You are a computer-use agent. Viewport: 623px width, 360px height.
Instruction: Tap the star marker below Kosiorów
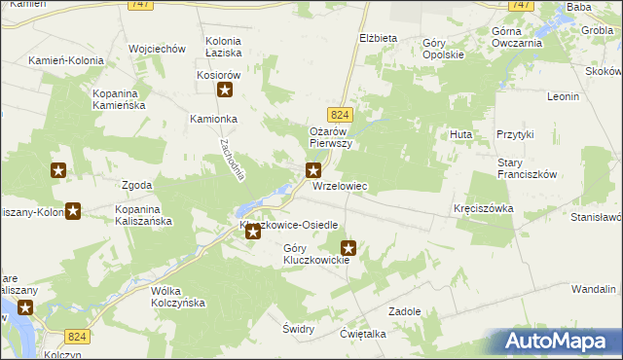tap(225, 91)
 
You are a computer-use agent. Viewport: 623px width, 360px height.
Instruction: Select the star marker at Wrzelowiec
tap(313, 170)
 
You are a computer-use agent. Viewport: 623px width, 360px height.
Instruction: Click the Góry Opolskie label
tap(444, 49)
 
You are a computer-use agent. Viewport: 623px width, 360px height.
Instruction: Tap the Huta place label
tap(460, 133)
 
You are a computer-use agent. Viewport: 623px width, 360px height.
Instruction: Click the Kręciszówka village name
tap(482, 209)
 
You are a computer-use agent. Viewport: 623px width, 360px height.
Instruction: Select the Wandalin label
tap(593, 289)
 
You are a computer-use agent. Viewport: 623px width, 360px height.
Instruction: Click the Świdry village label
tap(298, 329)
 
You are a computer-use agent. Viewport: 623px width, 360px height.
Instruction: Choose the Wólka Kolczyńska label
tap(176, 297)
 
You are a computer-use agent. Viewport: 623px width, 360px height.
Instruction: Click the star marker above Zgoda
tap(58, 170)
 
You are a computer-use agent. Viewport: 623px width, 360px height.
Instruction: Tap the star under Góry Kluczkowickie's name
tap(348, 248)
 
